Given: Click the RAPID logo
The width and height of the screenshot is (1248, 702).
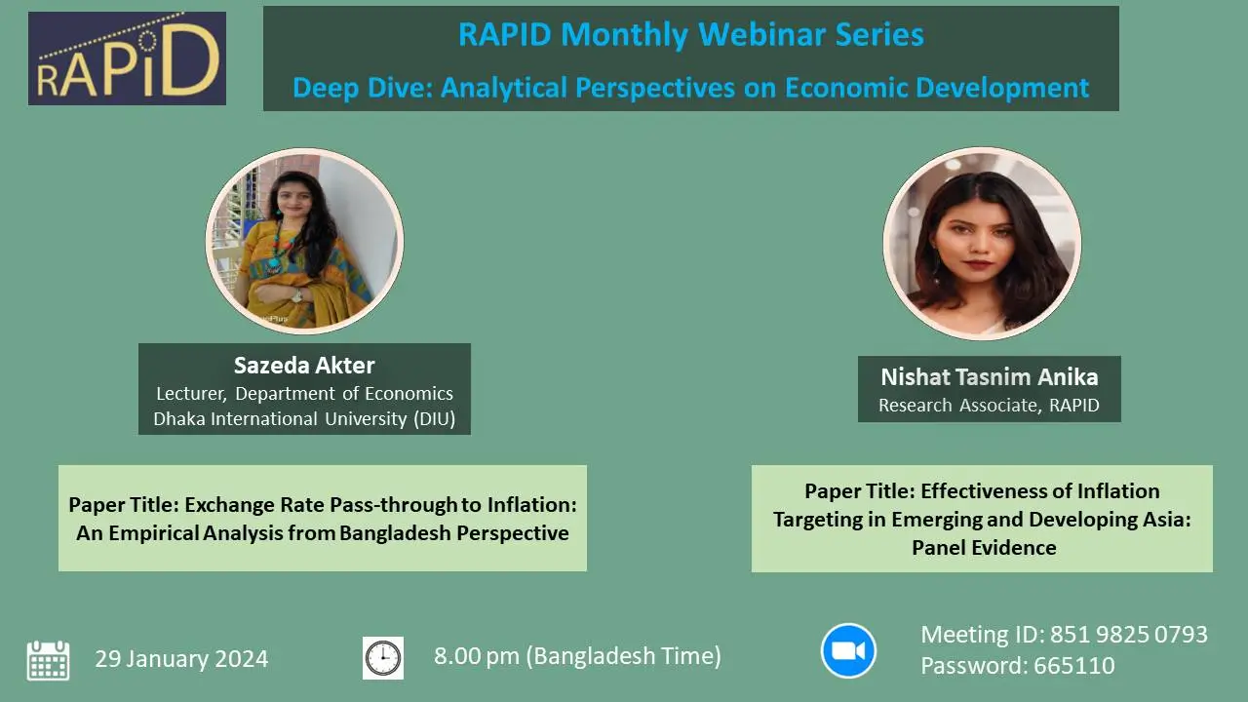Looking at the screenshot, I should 127,58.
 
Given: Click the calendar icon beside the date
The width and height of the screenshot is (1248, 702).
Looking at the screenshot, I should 48,659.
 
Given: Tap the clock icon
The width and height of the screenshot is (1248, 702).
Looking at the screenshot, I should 383,658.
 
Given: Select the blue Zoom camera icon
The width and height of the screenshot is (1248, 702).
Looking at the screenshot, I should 848,650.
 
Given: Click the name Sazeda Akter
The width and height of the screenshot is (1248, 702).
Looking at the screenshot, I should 304,366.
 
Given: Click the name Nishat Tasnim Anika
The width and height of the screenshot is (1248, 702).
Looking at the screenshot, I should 989,377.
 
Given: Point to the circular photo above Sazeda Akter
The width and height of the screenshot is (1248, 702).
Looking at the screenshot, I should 304,240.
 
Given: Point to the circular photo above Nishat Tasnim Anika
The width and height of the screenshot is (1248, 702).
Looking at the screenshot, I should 982,243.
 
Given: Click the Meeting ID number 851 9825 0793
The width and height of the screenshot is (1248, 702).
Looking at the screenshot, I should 1128,635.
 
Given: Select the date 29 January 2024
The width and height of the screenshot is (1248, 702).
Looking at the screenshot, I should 181,659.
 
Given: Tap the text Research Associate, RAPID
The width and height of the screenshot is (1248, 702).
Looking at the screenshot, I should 989,406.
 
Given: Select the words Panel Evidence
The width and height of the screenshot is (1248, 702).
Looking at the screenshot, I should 984,548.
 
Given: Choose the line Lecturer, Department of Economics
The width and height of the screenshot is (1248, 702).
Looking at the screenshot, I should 304,394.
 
